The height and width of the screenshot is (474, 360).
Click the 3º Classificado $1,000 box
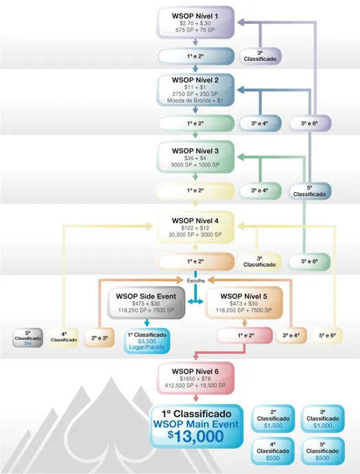click(x=325, y=418)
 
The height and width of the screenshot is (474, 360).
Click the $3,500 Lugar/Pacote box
click(x=146, y=342)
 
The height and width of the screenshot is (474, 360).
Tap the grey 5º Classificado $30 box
click(x=28, y=339)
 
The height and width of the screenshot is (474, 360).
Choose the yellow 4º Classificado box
click(x=64, y=339)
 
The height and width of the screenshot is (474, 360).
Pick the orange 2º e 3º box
click(x=99, y=338)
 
